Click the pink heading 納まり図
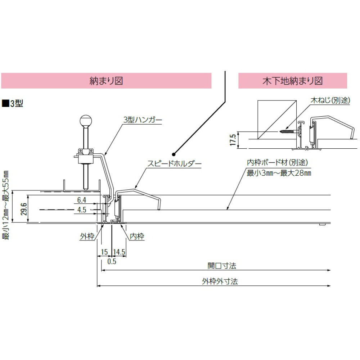[106, 81]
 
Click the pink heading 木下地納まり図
[292, 81]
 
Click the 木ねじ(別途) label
[330, 100]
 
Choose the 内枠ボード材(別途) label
[277, 163]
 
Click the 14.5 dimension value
[119, 252]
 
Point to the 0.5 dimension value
[112, 261]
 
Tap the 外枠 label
[87, 237]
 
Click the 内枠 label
[136, 237]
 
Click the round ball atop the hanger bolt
[86, 121]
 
